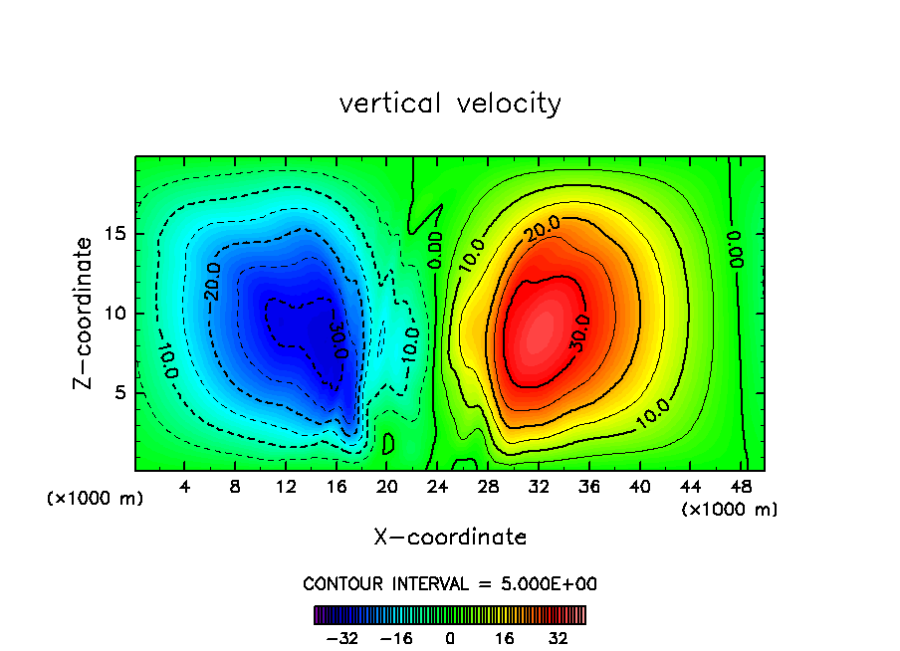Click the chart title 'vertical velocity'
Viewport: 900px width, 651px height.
450,104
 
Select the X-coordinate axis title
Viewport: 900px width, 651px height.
450,538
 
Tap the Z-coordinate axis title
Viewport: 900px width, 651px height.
86,313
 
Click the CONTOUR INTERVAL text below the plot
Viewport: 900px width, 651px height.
450,584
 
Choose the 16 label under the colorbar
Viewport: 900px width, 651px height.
505,638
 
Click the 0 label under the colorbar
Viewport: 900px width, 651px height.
450,638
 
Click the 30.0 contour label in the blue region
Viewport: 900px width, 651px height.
337,338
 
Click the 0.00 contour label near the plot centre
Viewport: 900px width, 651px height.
434,250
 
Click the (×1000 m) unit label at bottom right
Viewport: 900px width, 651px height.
730,510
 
